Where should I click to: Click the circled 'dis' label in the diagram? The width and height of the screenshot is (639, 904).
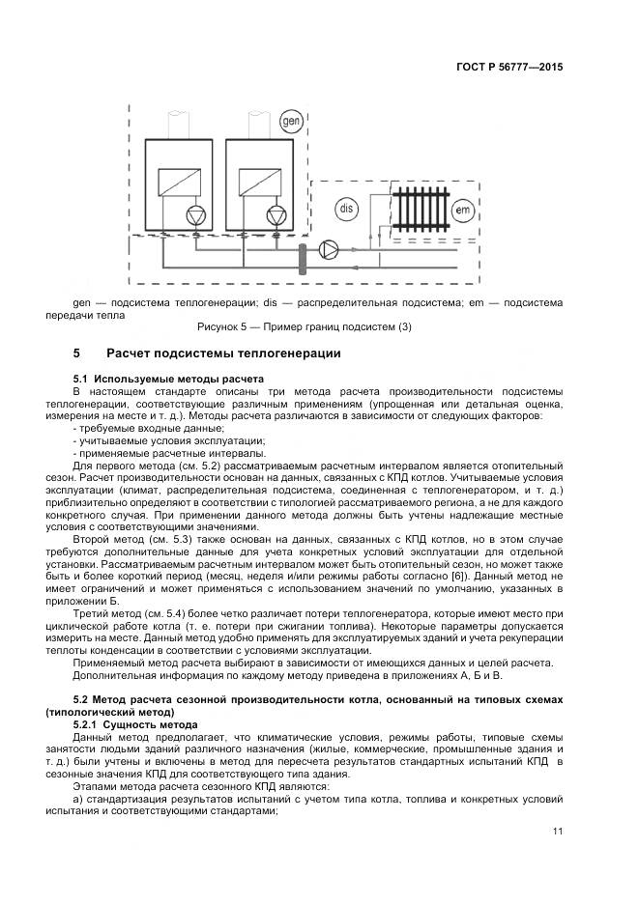point(346,209)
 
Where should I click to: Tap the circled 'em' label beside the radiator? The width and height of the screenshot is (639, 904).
point(463,210)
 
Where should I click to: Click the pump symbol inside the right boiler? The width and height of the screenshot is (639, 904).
point(277,214)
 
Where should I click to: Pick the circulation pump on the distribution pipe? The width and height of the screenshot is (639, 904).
point(328,250)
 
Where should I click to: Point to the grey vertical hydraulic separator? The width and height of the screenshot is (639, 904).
point(303,258)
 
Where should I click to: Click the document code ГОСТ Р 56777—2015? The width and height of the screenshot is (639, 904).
point(509,69)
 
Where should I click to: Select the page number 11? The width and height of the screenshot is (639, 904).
point(558,832)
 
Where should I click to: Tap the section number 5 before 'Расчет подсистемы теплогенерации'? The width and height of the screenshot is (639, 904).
point(76,353)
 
